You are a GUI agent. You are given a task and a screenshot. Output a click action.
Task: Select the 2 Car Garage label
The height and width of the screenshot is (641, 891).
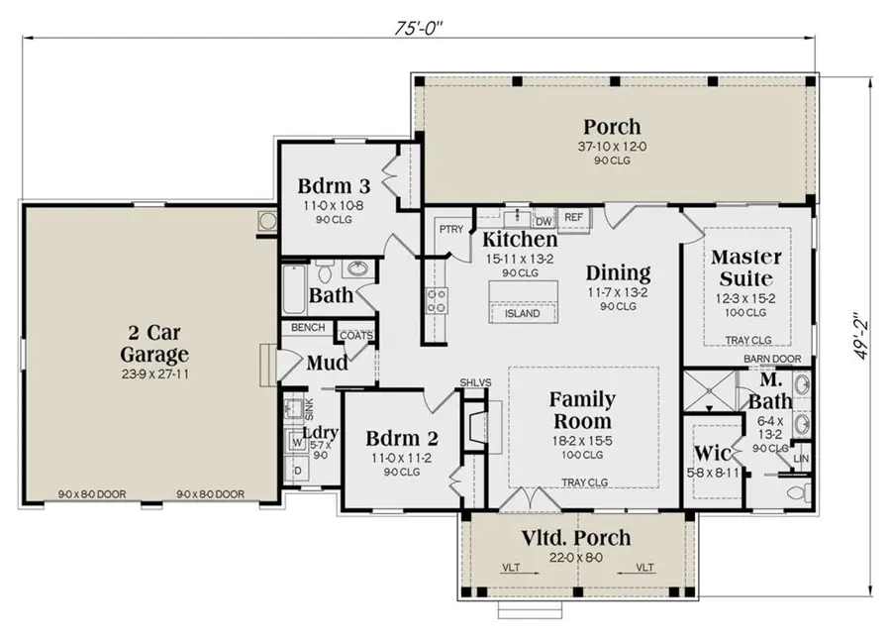[x=154, y=342]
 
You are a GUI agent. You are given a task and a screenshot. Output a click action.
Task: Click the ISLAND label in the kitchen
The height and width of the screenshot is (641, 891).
[x=522, y=314]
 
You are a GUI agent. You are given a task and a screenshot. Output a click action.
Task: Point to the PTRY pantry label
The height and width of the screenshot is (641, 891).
[x=451, y=229]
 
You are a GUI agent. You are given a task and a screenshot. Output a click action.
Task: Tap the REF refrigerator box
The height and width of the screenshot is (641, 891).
[x=573, y=216]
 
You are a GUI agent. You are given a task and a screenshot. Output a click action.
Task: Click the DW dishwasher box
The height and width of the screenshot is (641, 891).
[x=543, y=220]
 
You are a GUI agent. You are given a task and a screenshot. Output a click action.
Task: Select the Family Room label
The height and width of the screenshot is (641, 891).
[x=582, y=411]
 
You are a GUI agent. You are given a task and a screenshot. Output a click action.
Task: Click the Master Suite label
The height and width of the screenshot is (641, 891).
[x=747, y=267]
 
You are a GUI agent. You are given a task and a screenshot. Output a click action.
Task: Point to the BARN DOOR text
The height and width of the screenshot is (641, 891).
[x=771, y=360]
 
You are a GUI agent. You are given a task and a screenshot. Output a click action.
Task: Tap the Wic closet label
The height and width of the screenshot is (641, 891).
[x=713, y=456]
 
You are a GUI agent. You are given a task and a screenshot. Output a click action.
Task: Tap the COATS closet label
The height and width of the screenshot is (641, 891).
[x=356, y=335]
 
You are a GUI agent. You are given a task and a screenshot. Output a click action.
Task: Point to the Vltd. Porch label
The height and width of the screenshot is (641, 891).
[x=575, y=538]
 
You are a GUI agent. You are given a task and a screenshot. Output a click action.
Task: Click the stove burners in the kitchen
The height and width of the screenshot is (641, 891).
[x=435, y=300]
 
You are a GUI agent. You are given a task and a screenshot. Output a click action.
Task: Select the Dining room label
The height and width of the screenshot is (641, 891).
[x=618, y=273]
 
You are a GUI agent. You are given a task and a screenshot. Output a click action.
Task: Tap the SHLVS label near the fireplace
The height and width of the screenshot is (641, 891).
[x=470, y=382]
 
